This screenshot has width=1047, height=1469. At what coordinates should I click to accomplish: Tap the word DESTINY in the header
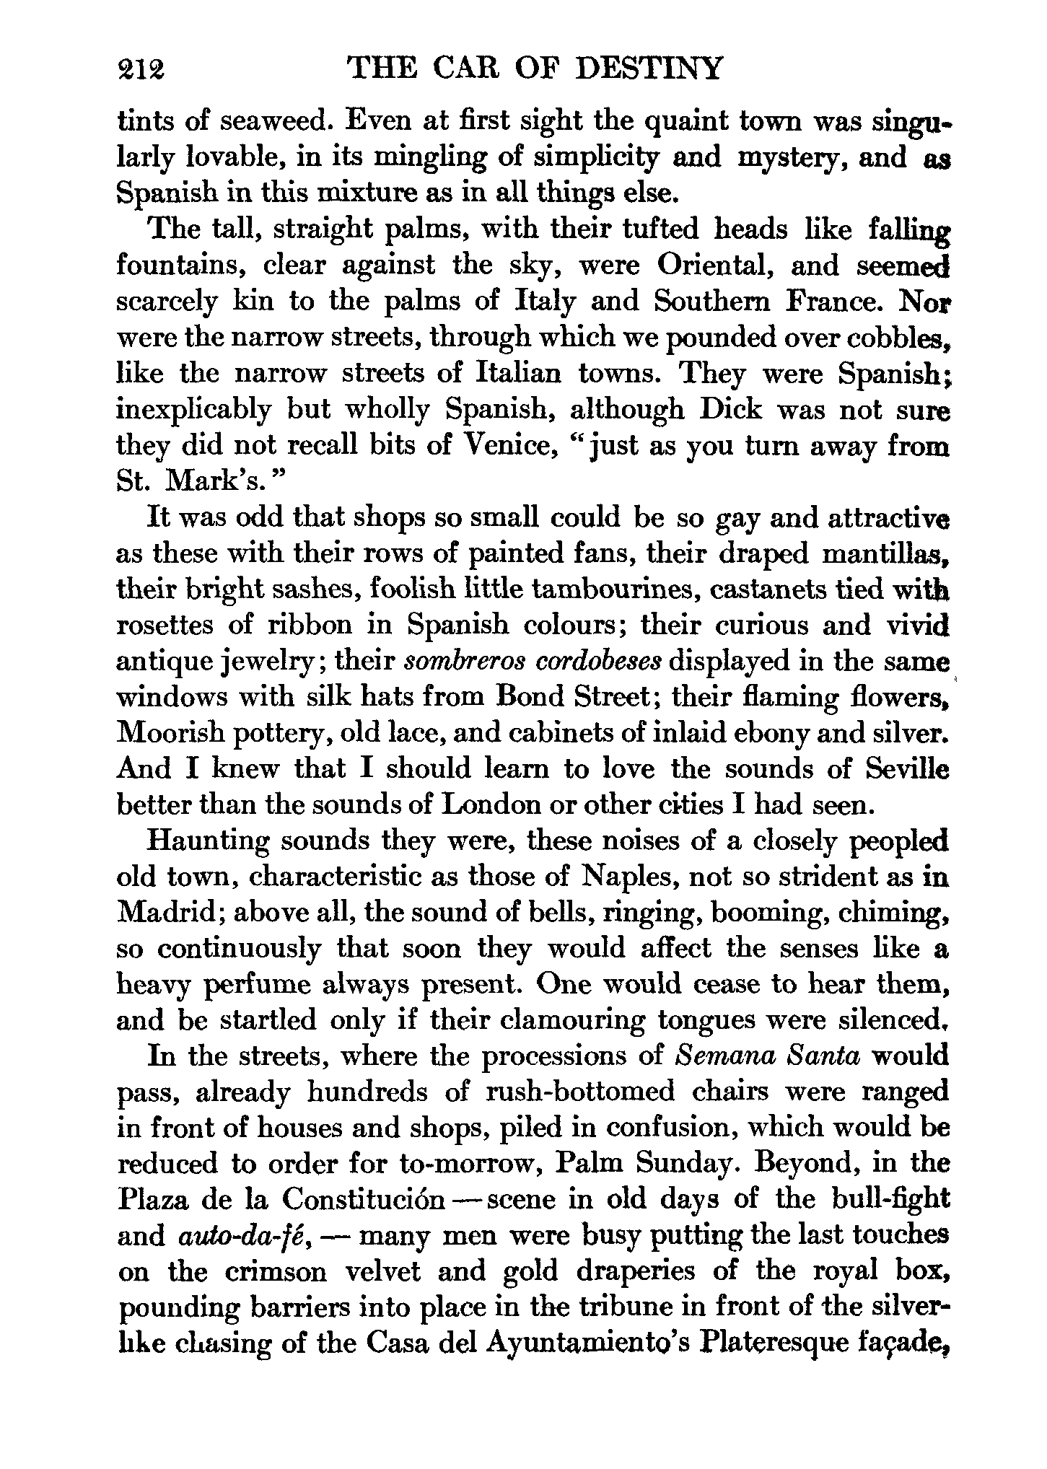pyautogui.click(x=651, y=69)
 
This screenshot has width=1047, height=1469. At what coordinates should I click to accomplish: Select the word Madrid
pyautogui.click(x=167, y=913)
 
